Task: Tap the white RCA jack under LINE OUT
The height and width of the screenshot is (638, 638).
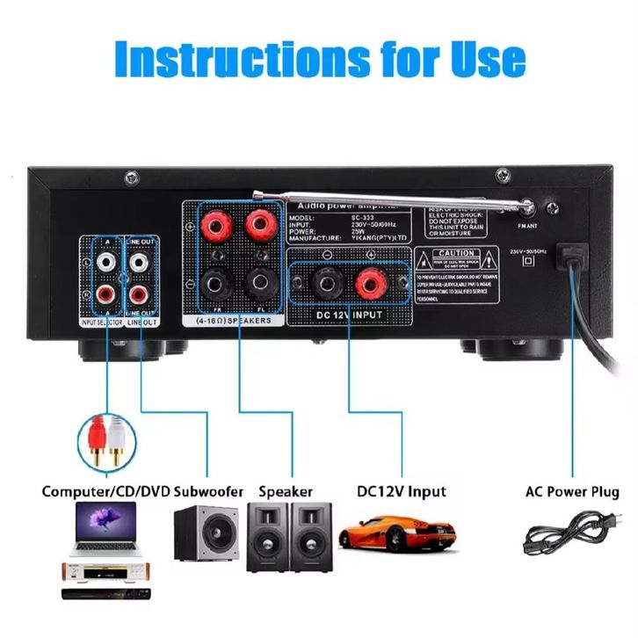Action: click(139, 262)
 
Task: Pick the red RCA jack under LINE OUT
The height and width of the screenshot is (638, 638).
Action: click(139, 294)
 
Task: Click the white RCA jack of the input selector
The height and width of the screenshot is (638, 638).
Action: click(106, 262)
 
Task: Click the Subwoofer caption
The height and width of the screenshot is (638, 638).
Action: click(208, 491)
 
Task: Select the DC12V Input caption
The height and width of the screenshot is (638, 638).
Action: click(402, 491)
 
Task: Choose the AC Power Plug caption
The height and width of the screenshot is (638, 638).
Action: click(572, 492)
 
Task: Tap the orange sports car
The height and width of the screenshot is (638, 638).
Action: click(396, 533)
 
